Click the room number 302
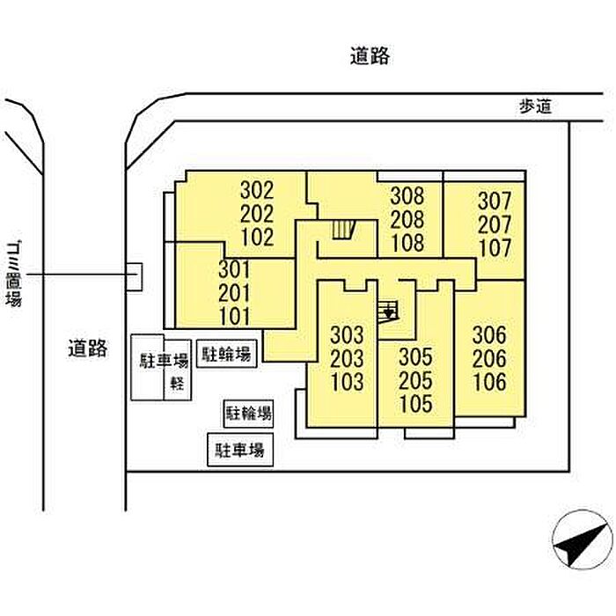point(257,190)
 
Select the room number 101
point(235,316)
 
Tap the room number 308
point(408,196)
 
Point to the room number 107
point(495,247)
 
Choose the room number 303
point(347,335)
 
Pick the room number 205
point(415,381)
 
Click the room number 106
point(489,382)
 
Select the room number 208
point(408,219)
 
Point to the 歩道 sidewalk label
point(538,106)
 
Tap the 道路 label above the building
point(369,57)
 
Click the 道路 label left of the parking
point(88,348)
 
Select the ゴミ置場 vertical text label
point(14,274)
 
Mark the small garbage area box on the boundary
point(134,277)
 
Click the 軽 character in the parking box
point(177,383)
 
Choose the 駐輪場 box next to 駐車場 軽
point(227,355)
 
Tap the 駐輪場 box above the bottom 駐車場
point(247,413)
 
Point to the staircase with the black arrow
point(387,311)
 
